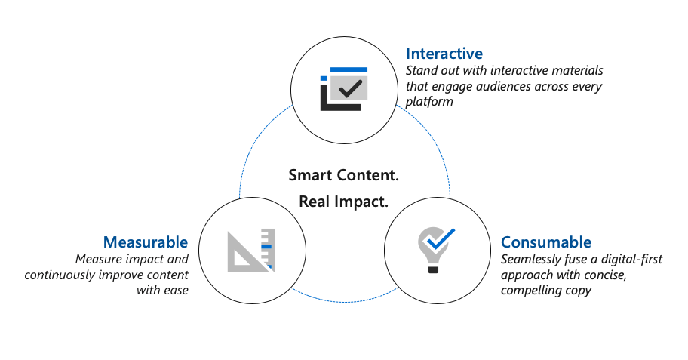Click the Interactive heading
444,54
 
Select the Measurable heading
146,242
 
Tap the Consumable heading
546,242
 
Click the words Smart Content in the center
343,175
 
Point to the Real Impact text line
343,202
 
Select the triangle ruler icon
251,251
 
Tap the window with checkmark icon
344,89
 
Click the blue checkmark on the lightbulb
441,238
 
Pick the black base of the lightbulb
433,269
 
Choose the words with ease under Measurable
162,291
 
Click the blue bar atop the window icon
349,69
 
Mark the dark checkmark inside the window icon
351,89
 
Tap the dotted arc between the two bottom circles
345,302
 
